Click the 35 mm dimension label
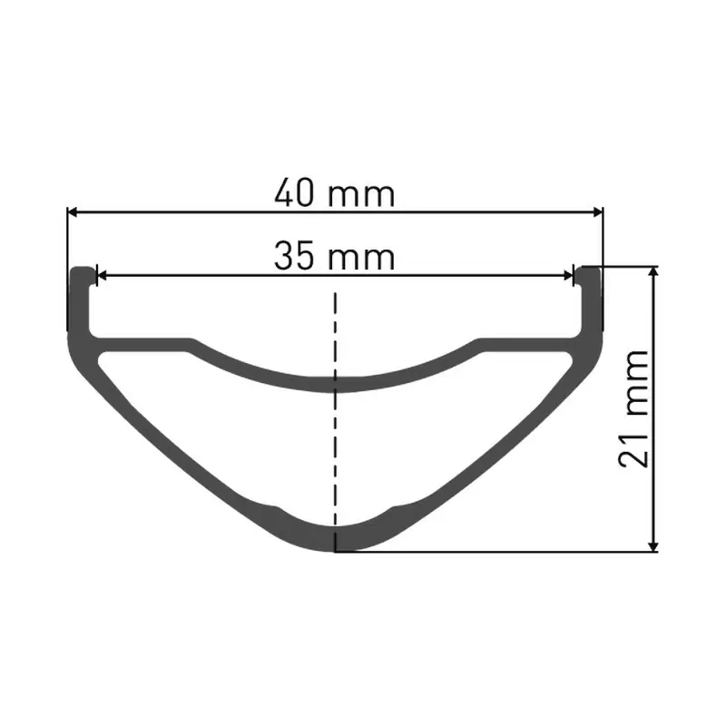(334, 256)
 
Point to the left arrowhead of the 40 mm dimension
(73, 212)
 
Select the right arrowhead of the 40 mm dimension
(598, 212)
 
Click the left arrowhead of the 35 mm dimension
(101, 276)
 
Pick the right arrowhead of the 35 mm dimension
(569, 276)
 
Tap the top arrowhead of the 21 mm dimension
(653, 271)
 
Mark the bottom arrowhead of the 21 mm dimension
(653, 547)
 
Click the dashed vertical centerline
(335, 421)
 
